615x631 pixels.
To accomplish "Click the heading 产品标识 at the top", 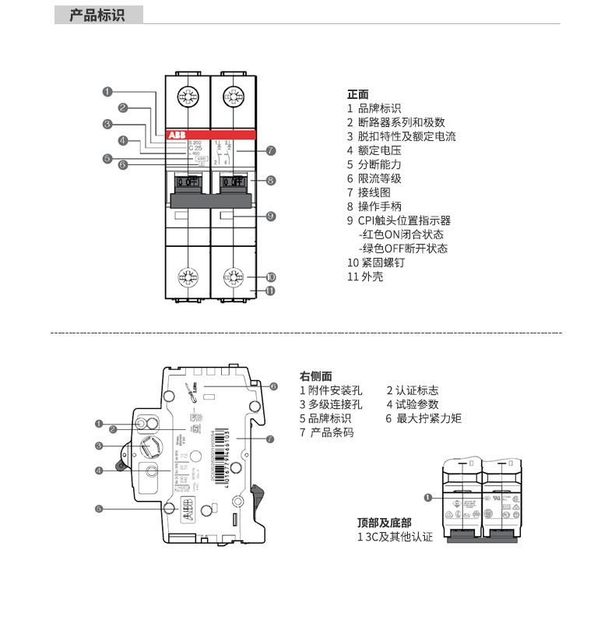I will [97, 15].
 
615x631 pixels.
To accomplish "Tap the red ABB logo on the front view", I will [177, 135].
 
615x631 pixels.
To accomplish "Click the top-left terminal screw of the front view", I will [187, 97].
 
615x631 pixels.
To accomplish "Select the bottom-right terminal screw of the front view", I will [233, 276].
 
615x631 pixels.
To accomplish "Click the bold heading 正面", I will [358, 94].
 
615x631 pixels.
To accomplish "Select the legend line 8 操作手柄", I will [374, 206].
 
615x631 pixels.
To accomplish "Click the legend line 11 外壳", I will [365, 277].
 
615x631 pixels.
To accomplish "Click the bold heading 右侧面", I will [316, 375].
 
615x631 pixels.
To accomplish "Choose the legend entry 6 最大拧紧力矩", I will [423, 418].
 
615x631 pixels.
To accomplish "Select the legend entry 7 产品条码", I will [327, 432].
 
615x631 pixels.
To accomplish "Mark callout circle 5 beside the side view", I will [99, 509].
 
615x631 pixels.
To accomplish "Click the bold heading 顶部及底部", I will [385, 523].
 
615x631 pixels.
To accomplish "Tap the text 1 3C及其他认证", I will [395, 537].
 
